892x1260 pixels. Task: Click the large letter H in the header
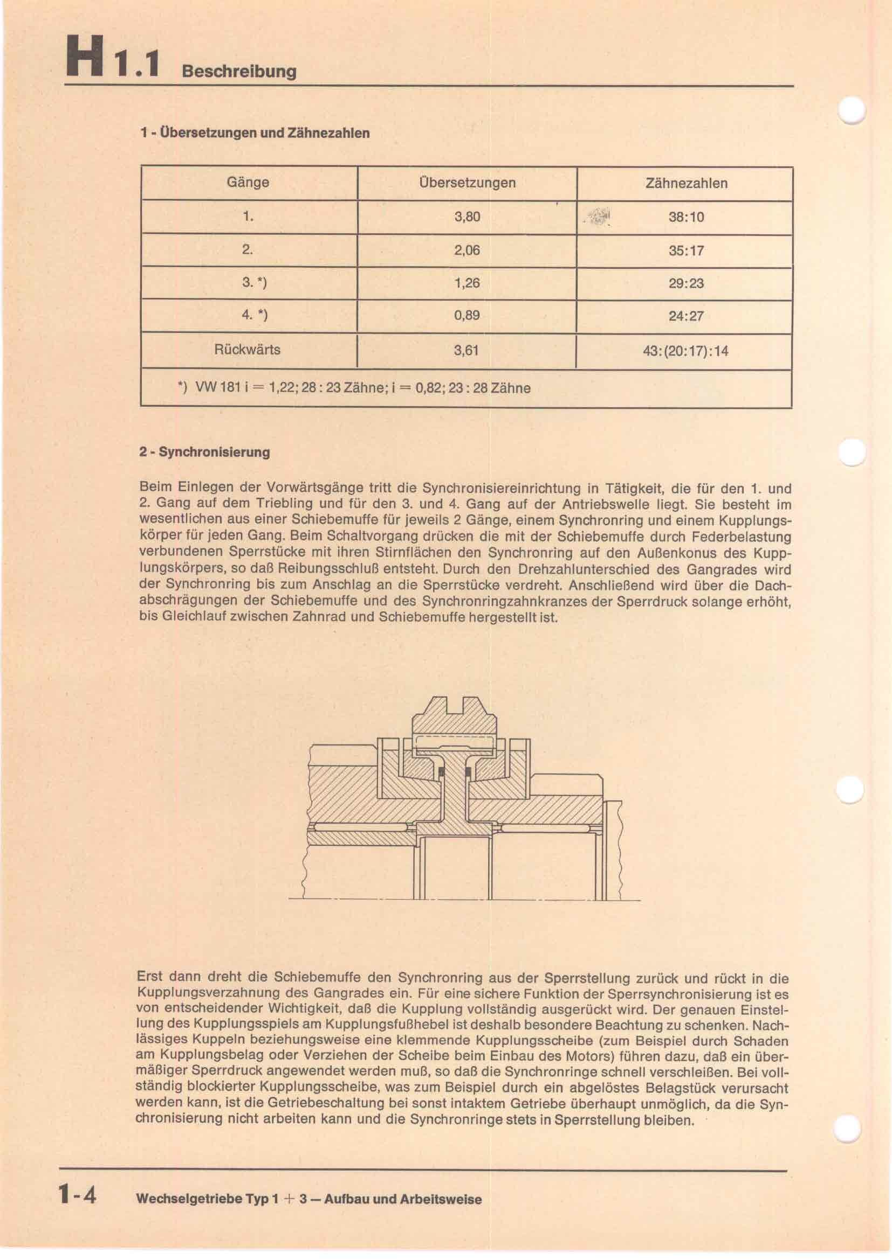(x=84, y=57)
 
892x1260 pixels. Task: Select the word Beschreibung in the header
(x=238, y=71)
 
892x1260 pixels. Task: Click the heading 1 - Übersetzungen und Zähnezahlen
(x=255, y=133)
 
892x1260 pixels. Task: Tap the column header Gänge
(x=248, y=182)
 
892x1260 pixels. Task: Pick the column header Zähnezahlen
(x=686, y=183)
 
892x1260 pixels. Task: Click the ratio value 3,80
(x=467, y=217)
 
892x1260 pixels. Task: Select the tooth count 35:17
(x=686, y=251)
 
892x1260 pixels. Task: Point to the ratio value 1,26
(x=467, y=283)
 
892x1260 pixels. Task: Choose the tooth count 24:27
(x=686, y=316)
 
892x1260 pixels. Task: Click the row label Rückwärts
(x=247, y=350)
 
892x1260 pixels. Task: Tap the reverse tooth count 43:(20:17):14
(x=685, y=351)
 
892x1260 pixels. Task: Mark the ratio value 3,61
(x=466, y=350)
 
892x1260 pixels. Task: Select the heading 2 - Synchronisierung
(x=204, y=452)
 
